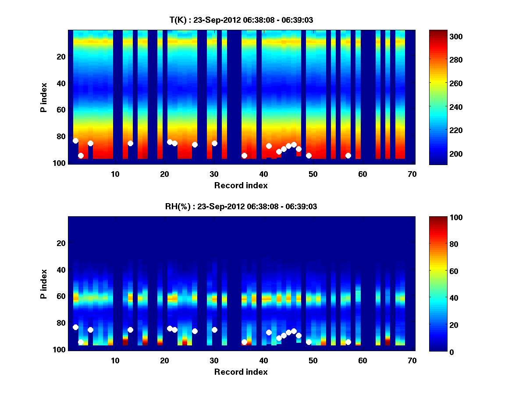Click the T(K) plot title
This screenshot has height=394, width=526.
pyautogui.click(x=241, y=20)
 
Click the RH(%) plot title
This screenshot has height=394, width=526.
pyautogui.click(x=241, y=207)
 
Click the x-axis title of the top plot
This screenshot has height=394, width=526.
pyautogui.click(x=241, y=185)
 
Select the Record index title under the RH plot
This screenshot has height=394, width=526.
pyautogui.click(x=241, y=372)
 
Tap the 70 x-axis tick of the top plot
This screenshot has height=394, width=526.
pyautogui.click(x=412, y=174)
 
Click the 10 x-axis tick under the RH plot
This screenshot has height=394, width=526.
pyautogui.click(x=115, y=360)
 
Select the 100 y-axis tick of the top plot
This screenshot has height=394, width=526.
pyautogui.click(x=60, y=163)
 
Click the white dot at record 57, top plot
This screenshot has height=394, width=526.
pyautogui.click(x=348, y=155)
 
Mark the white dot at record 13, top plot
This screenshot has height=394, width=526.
pyautogui.click(x=130, y=143)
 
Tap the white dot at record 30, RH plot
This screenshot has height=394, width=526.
pyautogui.click(x=214, y=330)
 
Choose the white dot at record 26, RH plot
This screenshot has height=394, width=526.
pyautogui.click(x=195, y=331)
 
